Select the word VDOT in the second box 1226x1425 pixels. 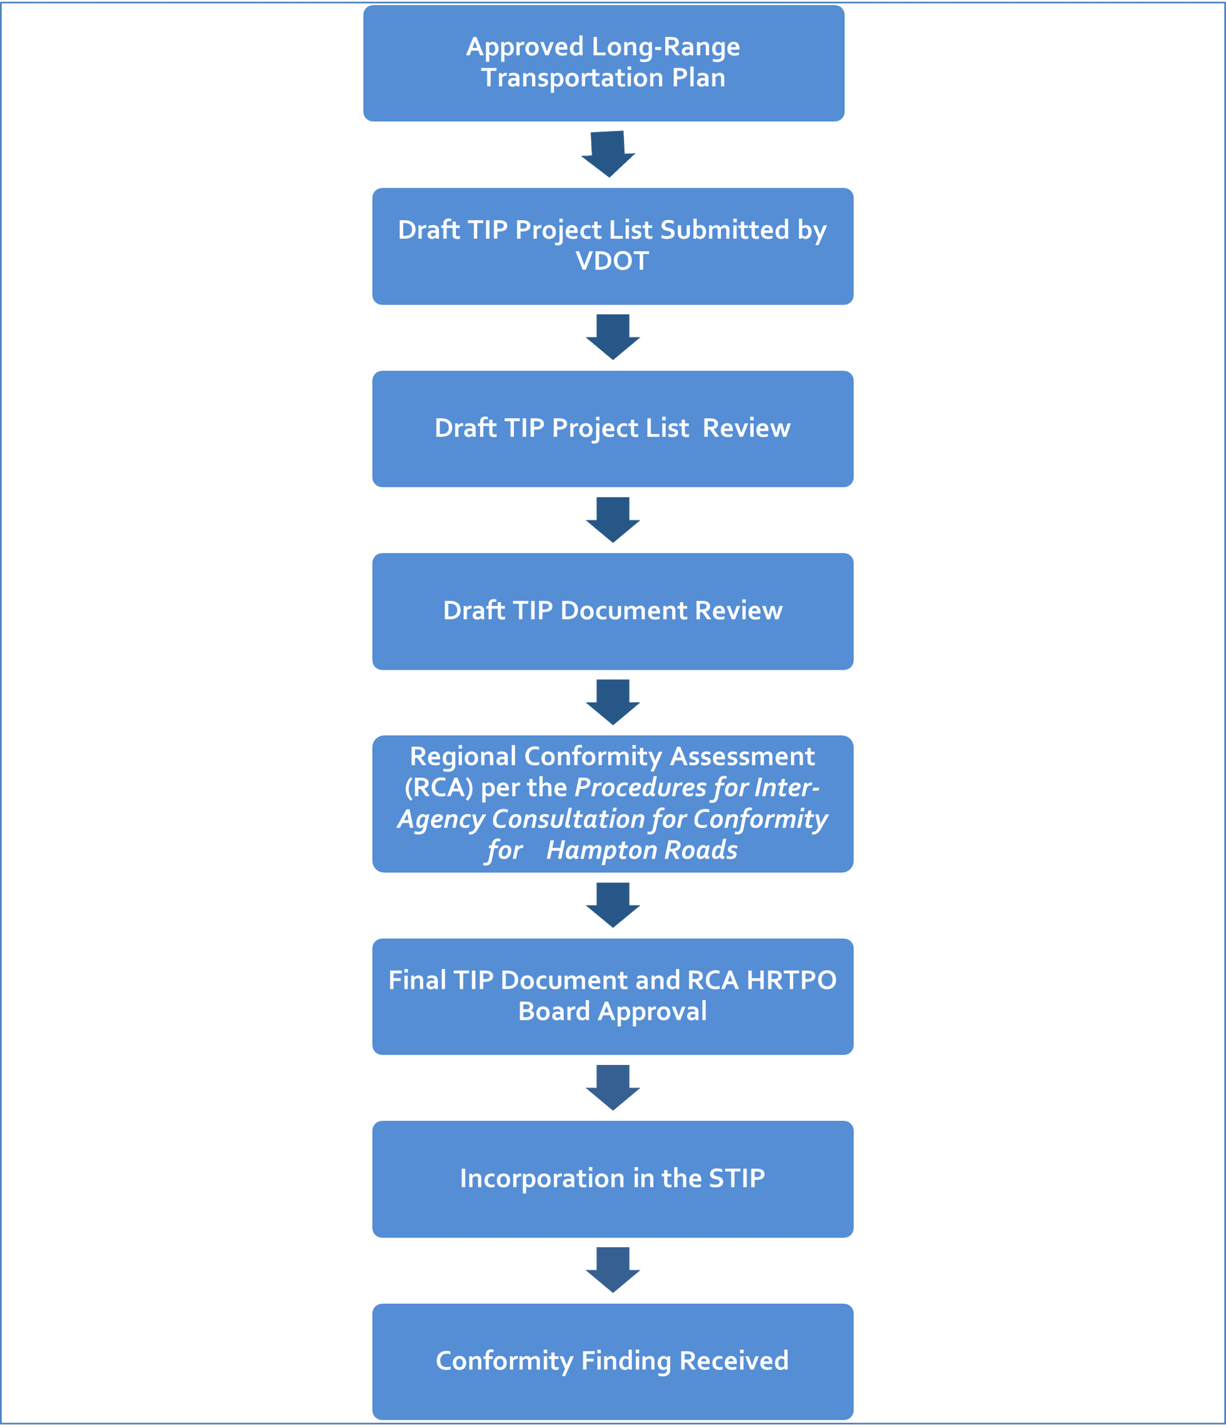point(612,261)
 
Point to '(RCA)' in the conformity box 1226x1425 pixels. point(439,788)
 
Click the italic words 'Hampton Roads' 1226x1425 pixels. point(641,850)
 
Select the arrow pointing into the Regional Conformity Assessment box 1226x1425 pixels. point(613,702)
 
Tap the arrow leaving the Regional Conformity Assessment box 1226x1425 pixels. point(613,905)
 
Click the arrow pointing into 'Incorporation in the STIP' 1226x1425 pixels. point(613,1087)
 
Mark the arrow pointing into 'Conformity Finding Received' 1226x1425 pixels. point(613,1270)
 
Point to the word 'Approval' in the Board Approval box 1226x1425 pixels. point(651,1012)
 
